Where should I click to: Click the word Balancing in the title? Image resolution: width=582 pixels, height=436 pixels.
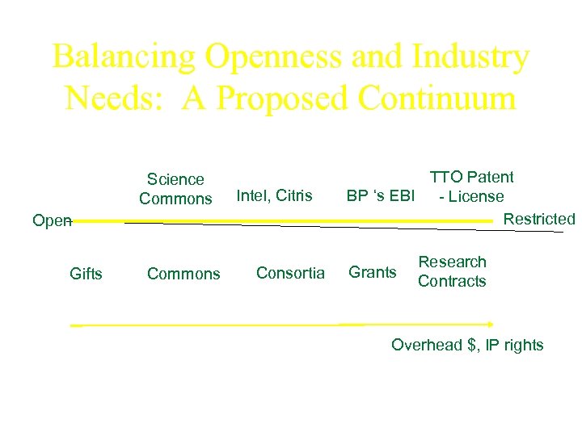click(x=123, y=57)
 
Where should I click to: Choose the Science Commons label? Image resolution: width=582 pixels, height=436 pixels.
click(x=175, y=189)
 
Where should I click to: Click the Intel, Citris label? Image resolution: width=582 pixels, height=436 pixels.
click(x=274, y=195)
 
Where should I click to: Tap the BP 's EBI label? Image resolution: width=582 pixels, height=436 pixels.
click(x=380, y=195)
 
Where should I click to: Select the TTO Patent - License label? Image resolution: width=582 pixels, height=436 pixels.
click(x=471, y=187)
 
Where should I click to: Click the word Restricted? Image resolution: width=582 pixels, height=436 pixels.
click(x=538, y=219)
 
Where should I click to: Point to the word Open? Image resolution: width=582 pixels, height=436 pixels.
click(x=50, y=220)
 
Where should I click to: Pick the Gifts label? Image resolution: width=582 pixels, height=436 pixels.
click(x=86, y=274)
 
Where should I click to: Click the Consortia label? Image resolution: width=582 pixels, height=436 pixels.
click(x=290, y=273)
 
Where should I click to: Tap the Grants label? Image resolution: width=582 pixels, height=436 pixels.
click(x=373, y=273)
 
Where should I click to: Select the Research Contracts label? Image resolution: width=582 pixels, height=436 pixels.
click(x=452, y=271)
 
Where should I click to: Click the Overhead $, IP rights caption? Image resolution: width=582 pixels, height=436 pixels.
click(x=467, y=345)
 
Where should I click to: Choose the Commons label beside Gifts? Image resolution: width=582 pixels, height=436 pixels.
click(x=183, y=274)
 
